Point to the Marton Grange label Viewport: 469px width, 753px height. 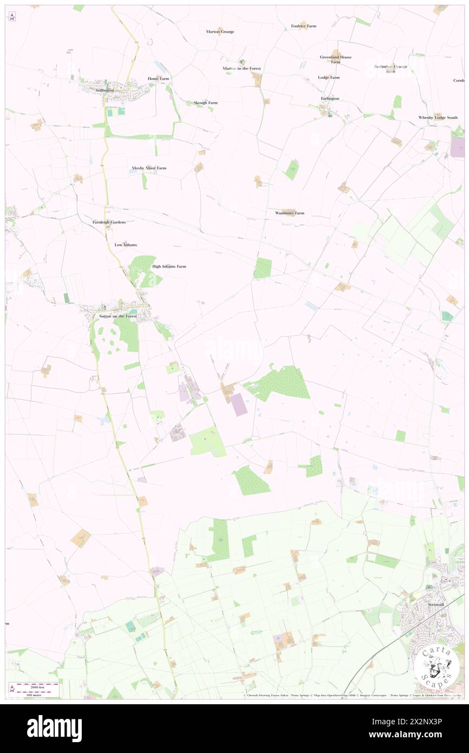tap(220, 31)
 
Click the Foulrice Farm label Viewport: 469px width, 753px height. tap(303, 25)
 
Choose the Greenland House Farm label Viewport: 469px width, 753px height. tap(335, 59)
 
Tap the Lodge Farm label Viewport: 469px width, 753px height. tap(329, 77)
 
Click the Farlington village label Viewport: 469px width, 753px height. tap(330, 99)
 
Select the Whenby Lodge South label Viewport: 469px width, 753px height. tap(438, 118)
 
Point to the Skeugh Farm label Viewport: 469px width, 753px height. tap(206, 102)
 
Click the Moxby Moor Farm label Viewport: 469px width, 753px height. tap(149, 168)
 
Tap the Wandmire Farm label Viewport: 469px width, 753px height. tap(290, 213)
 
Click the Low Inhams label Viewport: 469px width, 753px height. tap(126, 245)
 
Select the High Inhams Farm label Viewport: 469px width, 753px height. tap(169, 267)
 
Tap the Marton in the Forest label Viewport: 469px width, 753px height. tap(242, 68)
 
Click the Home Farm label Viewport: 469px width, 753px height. tap(159, 79)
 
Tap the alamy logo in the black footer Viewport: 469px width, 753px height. tap(54, 728)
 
